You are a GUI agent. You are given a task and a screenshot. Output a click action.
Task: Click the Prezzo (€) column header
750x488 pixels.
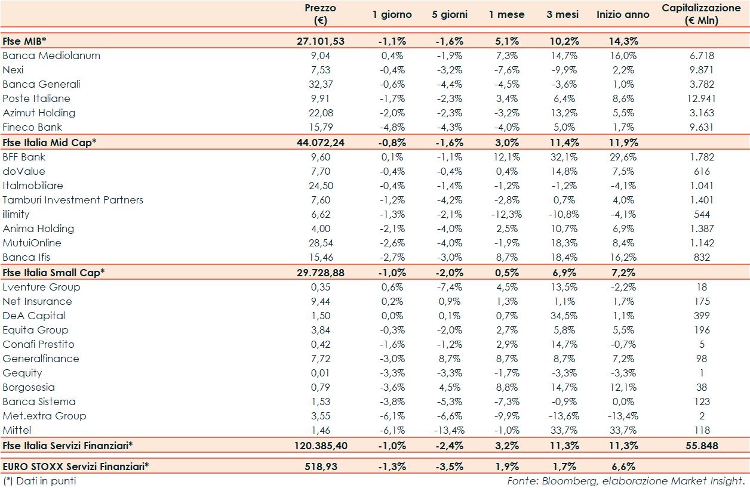coord(320,14)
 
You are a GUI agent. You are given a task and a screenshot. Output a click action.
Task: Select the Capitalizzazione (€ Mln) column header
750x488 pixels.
coord(701,14)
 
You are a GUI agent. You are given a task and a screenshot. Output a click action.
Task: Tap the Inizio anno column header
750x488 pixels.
coord(623,14)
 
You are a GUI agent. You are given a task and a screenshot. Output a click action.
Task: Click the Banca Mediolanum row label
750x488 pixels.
coord(51,55)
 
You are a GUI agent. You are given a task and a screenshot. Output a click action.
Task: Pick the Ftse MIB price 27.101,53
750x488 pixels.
coord(321,41)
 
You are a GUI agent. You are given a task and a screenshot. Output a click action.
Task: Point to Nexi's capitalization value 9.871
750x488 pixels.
coord(702,70)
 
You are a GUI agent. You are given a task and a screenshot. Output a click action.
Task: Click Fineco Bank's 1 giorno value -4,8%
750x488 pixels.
coord(392,127)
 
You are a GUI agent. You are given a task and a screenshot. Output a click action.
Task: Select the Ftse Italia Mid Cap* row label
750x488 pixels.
coord(49,143)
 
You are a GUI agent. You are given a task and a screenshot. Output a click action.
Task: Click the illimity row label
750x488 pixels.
coord(16,214)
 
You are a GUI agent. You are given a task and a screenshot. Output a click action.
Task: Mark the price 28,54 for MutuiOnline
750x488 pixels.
coord(321,243)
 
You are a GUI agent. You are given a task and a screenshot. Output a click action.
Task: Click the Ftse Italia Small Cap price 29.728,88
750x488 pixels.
coord(321,272)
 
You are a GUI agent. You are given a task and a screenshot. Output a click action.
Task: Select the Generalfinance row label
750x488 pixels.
coord(41,359)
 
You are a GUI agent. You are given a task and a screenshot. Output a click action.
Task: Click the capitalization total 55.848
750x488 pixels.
coord(702,446)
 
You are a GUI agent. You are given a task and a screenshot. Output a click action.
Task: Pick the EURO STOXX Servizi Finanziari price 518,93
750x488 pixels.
coord(321,467)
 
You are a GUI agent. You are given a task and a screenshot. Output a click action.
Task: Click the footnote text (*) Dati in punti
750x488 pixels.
coord(39,480)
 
